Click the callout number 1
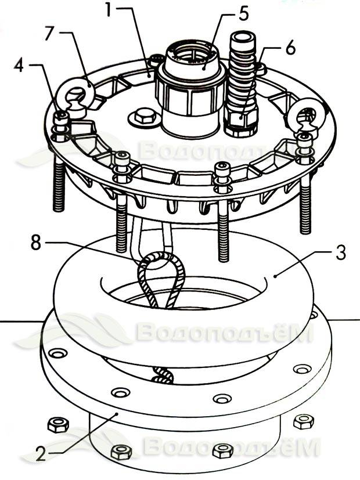point(109,10)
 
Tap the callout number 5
point(244,13)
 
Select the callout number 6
point(290,48)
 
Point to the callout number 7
point(49,33)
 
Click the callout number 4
point(19,65)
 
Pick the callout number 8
point(36,243)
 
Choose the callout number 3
point(341,252)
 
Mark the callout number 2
point(41,453)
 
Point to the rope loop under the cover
point(161,279)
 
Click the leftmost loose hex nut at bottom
point(58,425)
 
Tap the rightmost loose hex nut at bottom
point(303,422)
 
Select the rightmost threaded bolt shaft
point(305,205)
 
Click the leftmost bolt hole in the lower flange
point(57,353)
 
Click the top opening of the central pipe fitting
point(192,55)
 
